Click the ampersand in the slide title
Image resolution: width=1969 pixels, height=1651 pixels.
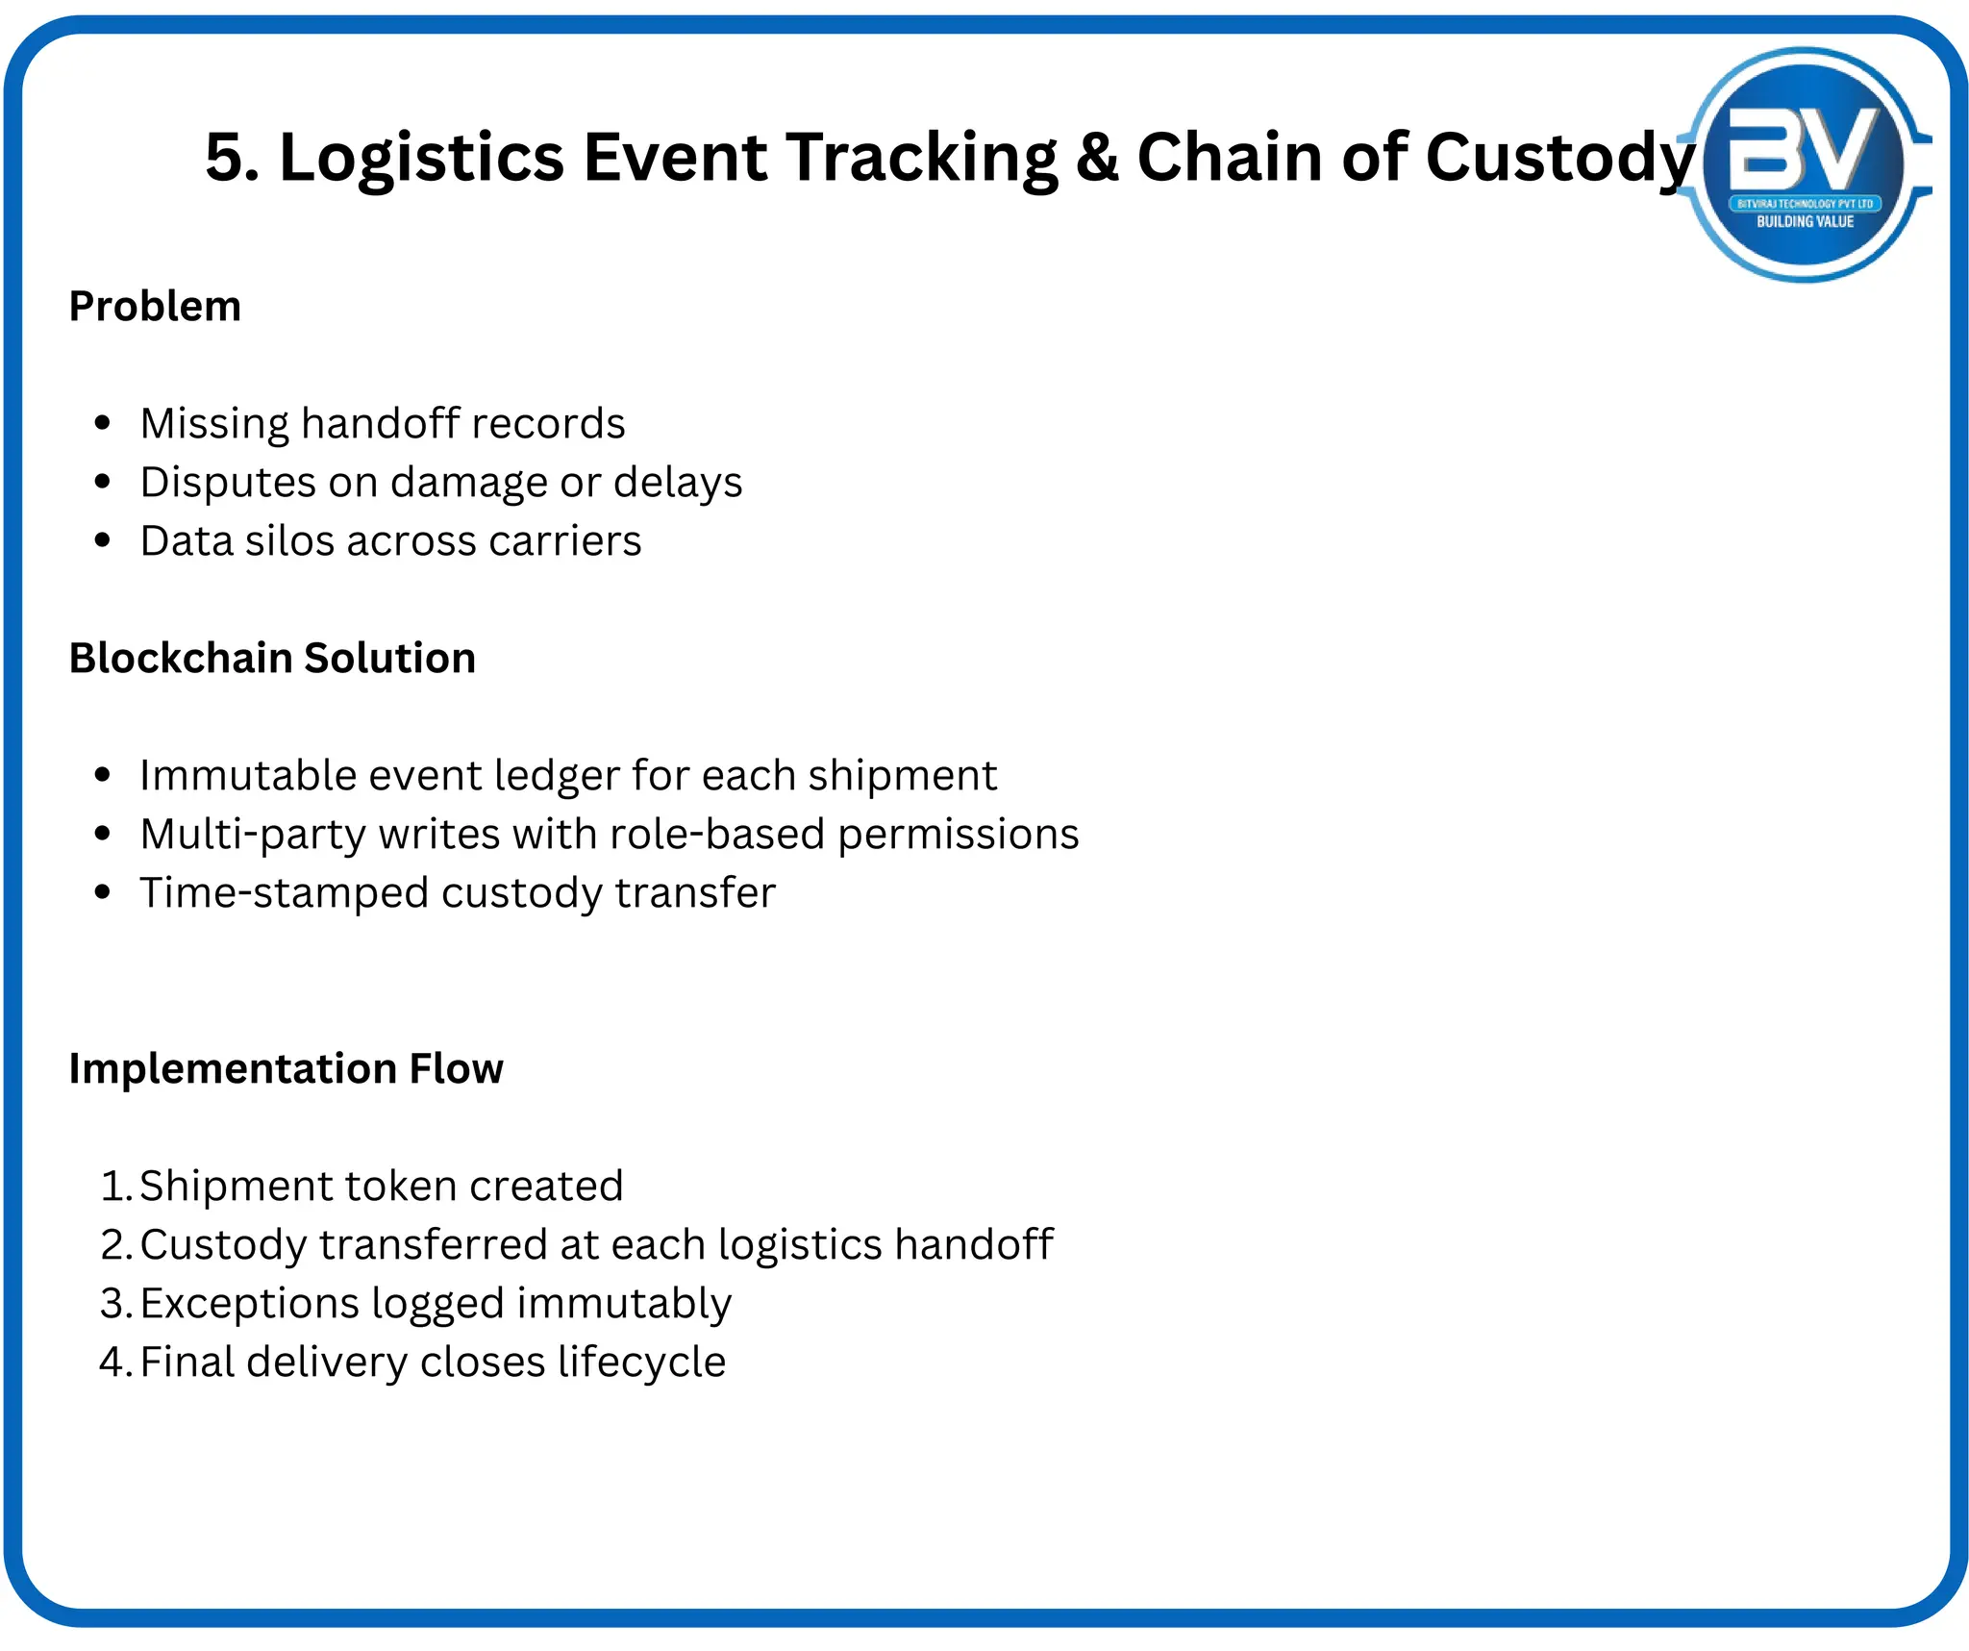pyautogui.click(x=1097, y=157)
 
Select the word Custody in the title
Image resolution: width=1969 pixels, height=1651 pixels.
pyautogui.click(x=1559, y=159)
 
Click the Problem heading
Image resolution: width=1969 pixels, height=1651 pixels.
pyautogui.click(x=155, y=307)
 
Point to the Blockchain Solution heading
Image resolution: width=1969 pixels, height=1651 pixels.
pyautogui.click(x=272, y=659)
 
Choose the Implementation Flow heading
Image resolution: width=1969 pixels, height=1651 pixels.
pyautogui.click(x=286, y=1069)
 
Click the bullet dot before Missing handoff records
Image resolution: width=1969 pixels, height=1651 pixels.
pyautogui.click(x=103, y=423)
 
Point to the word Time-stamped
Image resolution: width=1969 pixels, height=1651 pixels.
pyautogui.click(x=284, y=893)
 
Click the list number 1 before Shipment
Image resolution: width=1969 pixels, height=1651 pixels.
pyautogui.click(x=113, y=1186)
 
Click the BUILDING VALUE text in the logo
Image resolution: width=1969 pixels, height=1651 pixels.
pyautogui.click(x=1805, y=222)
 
